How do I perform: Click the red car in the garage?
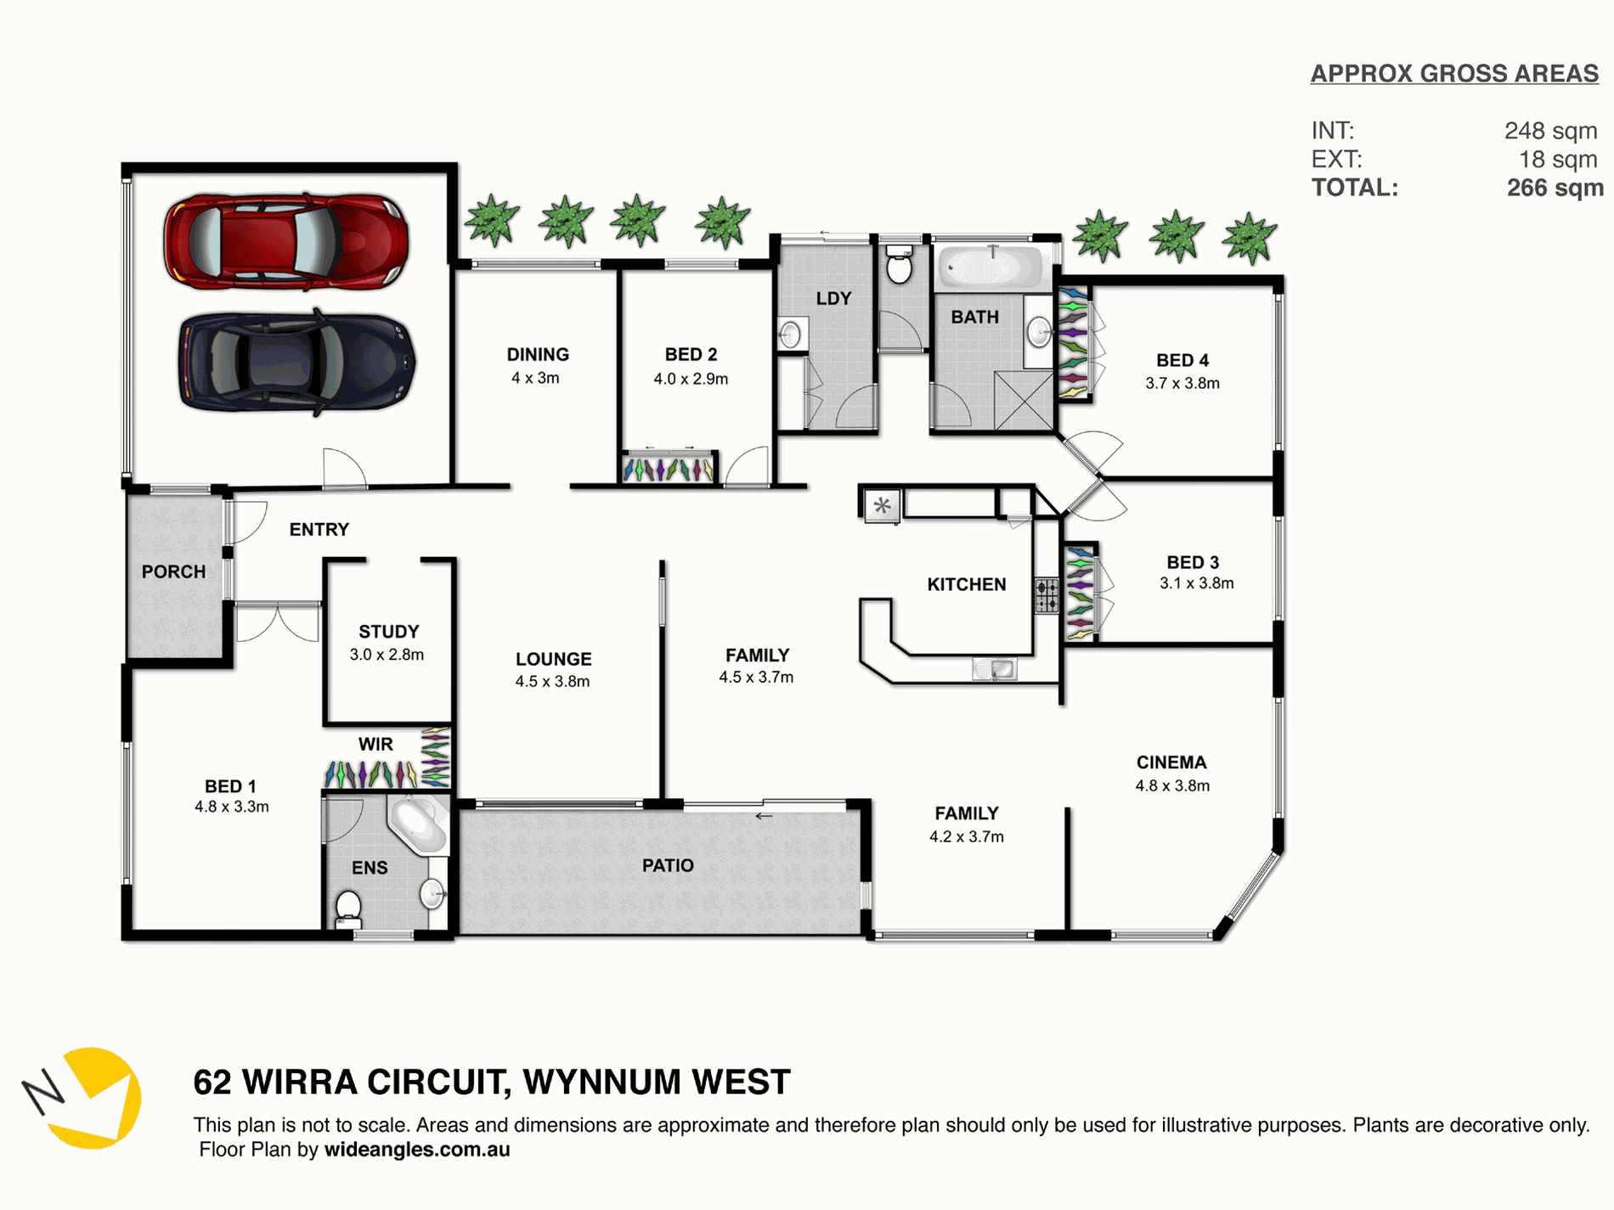point(286,241)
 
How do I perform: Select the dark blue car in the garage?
point(296,362)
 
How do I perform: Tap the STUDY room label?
point(389,632)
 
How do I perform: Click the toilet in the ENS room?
point(348,909)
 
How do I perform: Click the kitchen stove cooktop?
point(1047,594)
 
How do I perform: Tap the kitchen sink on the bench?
point(994,670)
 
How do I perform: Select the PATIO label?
point(668,865)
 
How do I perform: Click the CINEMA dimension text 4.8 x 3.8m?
point(1172,785)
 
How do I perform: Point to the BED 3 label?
point(1193,562)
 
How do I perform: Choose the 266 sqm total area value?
point(1555,188)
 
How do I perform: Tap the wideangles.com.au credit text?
point(417,1150)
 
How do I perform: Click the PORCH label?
point(173,571)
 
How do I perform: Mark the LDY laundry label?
point(833,298)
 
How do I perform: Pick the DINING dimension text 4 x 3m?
point(535,378)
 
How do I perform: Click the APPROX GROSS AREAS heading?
point(1454,74)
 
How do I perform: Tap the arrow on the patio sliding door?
point(764,816)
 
